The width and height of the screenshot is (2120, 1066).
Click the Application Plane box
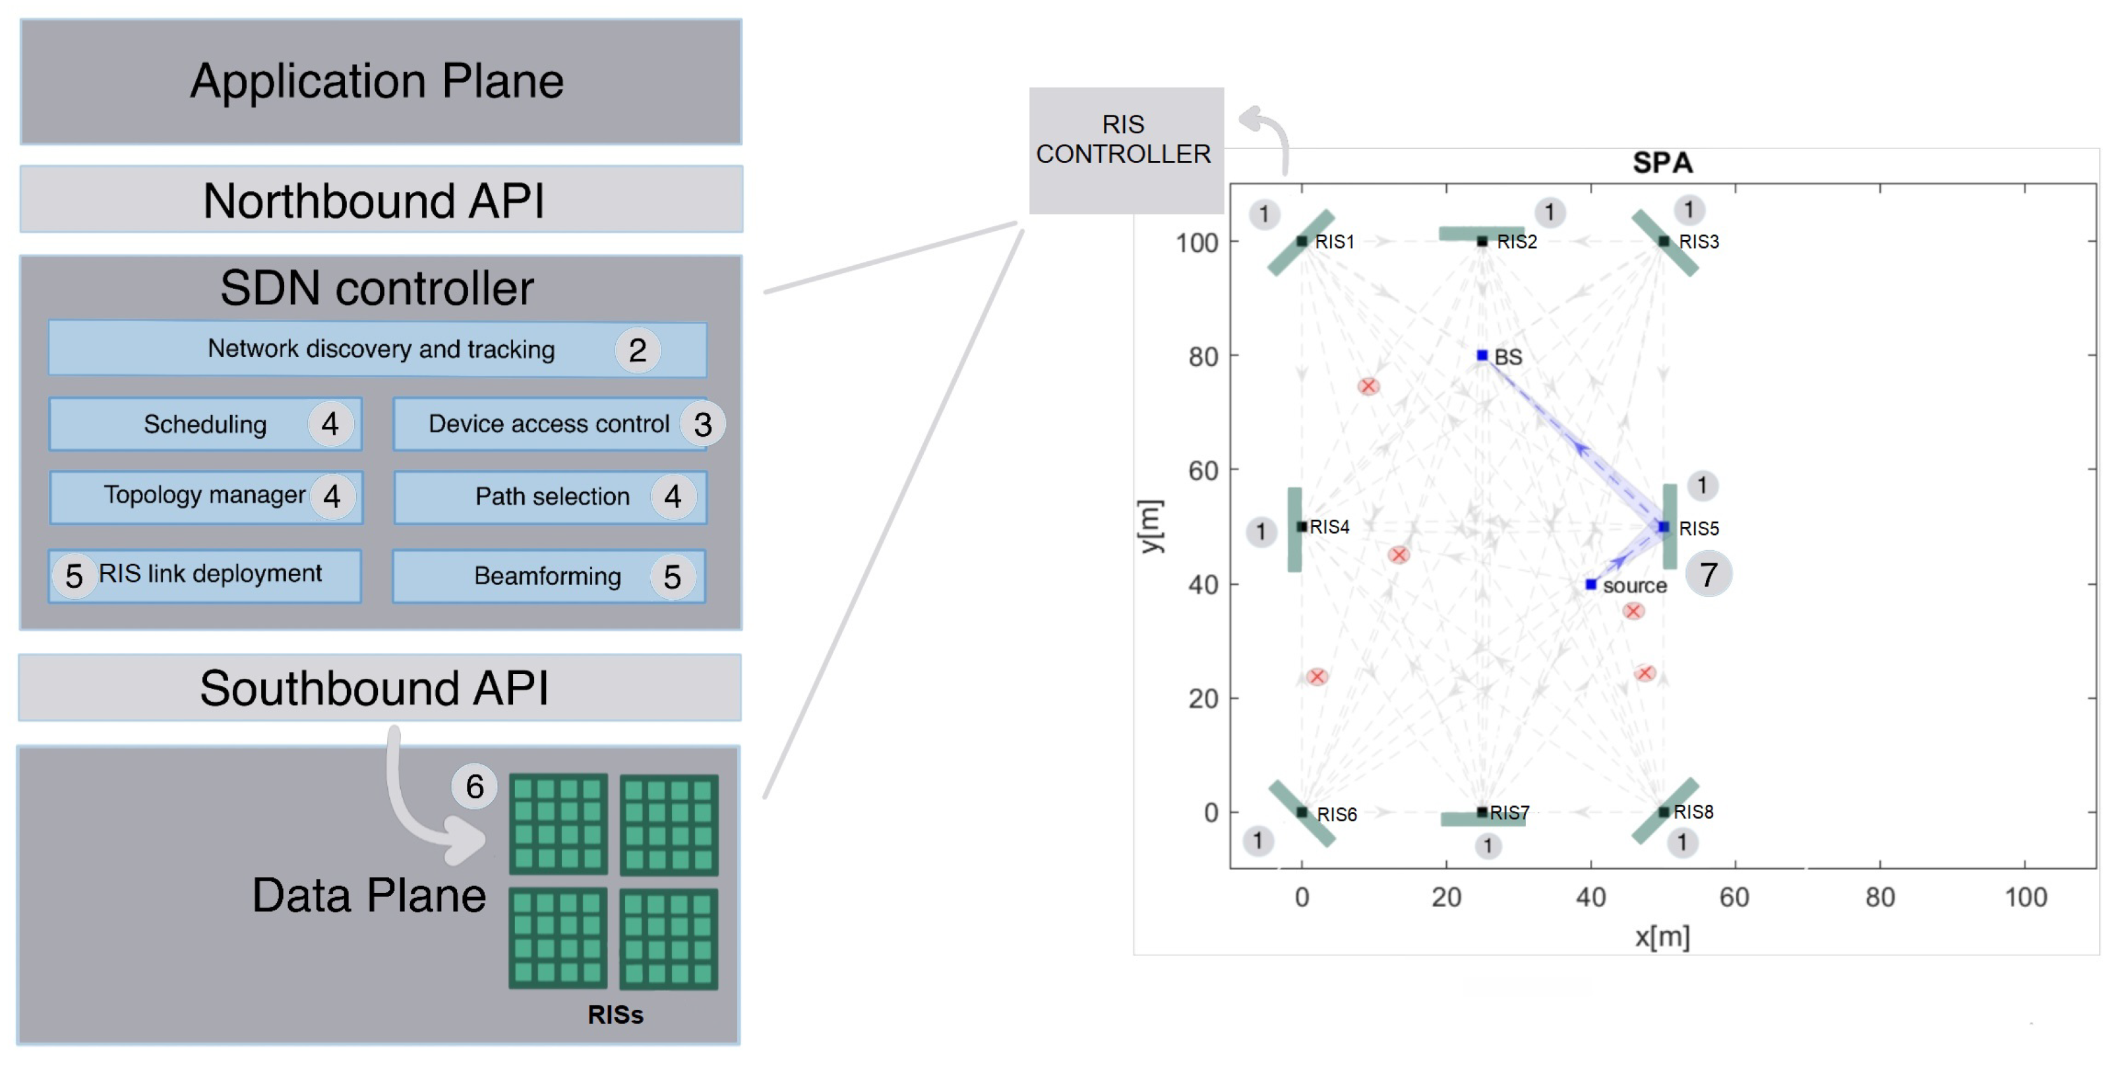380,82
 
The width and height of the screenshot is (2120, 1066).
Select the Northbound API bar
380,200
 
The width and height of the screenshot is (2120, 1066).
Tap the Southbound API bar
379,688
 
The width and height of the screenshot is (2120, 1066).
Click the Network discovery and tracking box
377,349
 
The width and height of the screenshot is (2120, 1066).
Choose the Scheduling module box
205,424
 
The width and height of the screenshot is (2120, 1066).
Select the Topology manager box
205,495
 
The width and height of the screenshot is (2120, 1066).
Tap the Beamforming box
548,577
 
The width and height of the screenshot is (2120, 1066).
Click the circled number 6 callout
474,787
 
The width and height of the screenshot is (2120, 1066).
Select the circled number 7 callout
1709,574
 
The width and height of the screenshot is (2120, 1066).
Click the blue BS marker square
1482,356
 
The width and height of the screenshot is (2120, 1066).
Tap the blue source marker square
1590,584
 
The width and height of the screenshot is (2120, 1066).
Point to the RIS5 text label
1699,528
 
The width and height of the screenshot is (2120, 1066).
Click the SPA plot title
1662,162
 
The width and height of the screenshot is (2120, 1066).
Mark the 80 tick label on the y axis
1202,358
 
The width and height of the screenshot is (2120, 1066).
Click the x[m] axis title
1662,937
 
